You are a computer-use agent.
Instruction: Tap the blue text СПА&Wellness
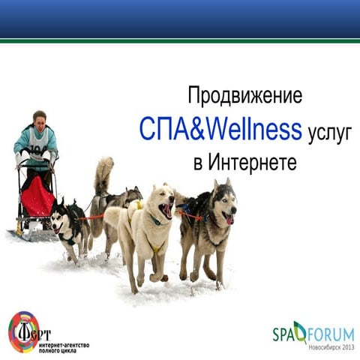220,129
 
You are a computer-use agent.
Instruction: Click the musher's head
38,118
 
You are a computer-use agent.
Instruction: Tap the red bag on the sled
37,197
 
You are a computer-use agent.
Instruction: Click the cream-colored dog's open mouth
166,211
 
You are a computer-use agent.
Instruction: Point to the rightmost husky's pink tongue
228,218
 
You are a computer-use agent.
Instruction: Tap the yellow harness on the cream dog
155,245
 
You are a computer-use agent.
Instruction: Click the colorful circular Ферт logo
24,332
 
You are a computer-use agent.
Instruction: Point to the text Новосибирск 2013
330,347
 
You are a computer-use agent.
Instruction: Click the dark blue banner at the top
180,19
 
